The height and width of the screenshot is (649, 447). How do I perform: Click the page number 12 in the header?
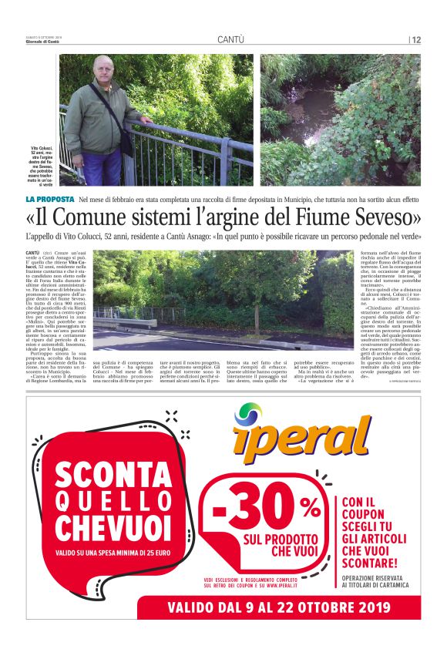point(416,39)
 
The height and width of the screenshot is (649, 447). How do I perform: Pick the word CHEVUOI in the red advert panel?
point(111,529)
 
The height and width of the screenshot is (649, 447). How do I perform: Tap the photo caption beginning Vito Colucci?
point(41,163)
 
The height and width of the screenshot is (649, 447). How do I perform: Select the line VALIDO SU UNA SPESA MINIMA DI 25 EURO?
point(113,553)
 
